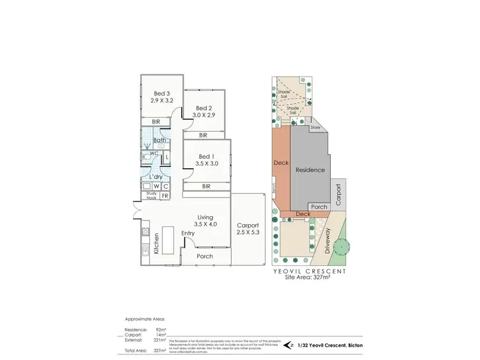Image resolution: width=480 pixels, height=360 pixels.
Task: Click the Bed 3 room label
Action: coord(161,93)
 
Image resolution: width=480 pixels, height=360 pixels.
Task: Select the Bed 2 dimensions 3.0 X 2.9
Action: coord(204,115)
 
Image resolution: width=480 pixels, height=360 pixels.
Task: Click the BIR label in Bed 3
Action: coord(156,122)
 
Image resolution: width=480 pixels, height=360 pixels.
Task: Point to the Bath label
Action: coord(159,140)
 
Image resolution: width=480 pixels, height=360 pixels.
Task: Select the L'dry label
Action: coord(155,176)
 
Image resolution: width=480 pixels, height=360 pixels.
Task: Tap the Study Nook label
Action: coord(151,196)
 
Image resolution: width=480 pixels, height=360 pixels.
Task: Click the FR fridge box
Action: coord(164,196)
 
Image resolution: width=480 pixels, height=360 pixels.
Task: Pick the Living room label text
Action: coord(205,217)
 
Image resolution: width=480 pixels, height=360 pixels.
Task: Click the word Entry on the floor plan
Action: coord(188,233)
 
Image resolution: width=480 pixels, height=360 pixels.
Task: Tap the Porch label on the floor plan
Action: coord(204,256)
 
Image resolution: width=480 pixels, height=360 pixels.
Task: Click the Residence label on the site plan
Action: coord(310,169)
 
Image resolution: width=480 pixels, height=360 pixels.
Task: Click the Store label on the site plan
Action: coord(315,128)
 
